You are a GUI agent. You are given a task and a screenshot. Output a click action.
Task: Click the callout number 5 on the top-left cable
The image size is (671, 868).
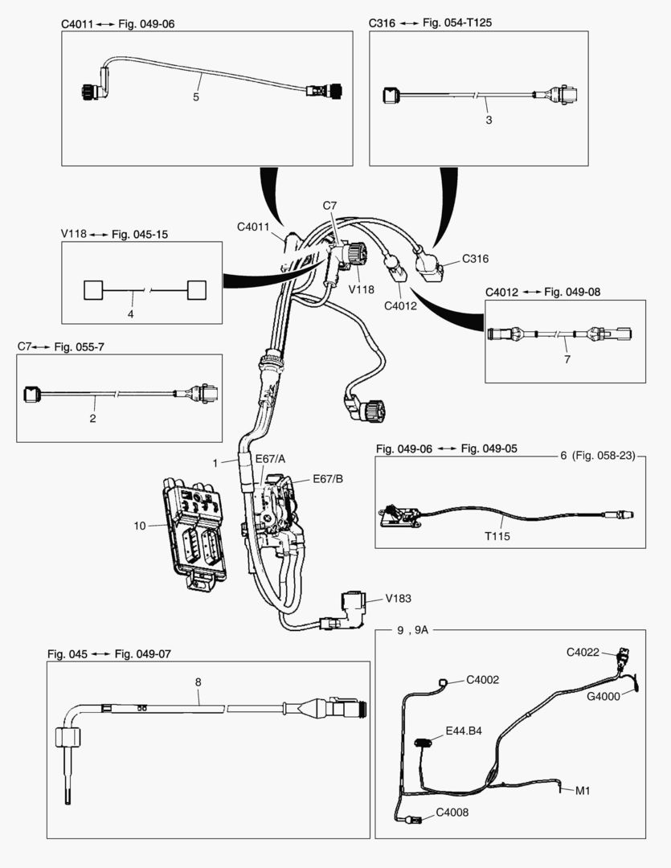coord(196,97)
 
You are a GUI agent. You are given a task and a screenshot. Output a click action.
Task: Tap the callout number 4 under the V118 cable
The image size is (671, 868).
coord(130,313)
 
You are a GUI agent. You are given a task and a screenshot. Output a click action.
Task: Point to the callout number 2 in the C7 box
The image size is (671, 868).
coord(92,418)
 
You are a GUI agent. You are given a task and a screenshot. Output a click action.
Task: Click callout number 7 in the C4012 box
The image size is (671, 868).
coord(567,358)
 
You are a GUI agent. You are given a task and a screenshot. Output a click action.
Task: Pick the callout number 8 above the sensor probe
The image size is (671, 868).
coord(198,682)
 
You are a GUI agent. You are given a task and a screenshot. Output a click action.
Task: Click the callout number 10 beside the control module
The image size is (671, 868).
coord(140,526)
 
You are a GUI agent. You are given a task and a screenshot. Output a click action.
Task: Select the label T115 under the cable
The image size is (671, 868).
coord(499,534)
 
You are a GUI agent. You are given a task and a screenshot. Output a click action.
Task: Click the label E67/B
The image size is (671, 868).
coord(305,479)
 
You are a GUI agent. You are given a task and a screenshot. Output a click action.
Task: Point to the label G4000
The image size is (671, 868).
coord(603,697)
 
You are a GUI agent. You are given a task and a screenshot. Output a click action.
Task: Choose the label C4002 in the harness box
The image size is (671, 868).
coord(483,679)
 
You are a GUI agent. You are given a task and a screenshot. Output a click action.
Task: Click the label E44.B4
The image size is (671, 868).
coord(465,732)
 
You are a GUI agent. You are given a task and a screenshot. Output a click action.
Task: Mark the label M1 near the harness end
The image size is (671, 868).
coord(583,790)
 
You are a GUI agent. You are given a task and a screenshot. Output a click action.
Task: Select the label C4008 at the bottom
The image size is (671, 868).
coord(452,812)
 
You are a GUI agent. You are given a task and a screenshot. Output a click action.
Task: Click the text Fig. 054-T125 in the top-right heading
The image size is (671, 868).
coord(457,23)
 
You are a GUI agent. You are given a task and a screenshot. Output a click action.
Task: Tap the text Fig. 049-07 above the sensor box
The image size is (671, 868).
coord(142,654)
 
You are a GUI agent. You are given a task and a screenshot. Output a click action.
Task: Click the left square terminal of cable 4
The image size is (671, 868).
coord(95,290)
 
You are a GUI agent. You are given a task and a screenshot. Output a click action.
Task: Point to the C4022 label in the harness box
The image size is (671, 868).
coord(583,653)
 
